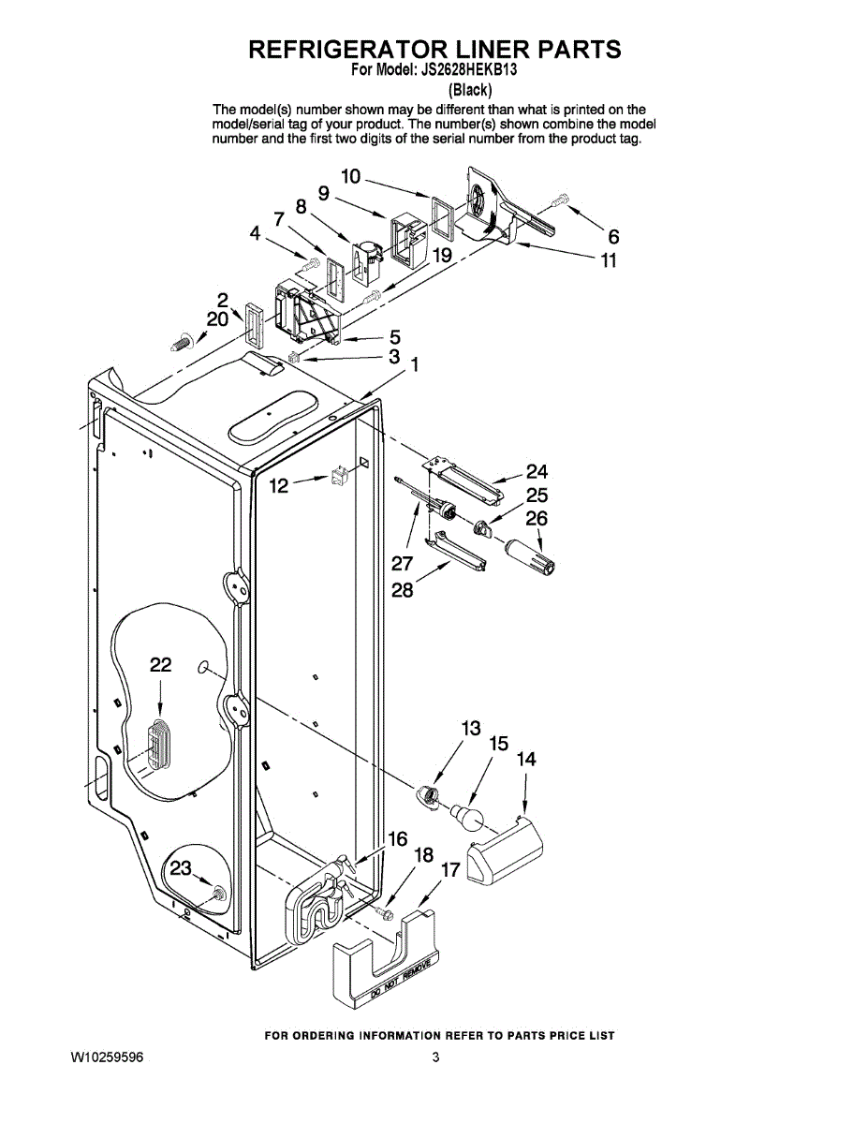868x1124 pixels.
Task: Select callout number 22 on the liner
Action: click(161, 665)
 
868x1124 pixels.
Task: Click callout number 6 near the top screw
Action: click(613, 238)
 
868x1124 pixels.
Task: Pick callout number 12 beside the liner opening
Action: click(279, 485)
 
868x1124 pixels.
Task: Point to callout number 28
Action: click(403, 591)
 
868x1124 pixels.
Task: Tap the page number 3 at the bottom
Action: click(435, 1058)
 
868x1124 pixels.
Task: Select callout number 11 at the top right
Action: click(609, 260)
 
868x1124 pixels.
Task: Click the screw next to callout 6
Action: click(560, 200)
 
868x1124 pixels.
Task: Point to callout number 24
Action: click(537, 471)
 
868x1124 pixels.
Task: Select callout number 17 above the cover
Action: click(450, 869)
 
